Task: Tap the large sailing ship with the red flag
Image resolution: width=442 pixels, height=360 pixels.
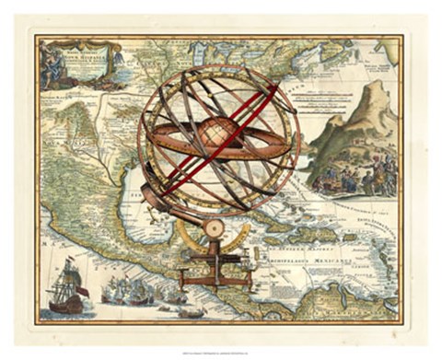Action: (65, 287)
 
